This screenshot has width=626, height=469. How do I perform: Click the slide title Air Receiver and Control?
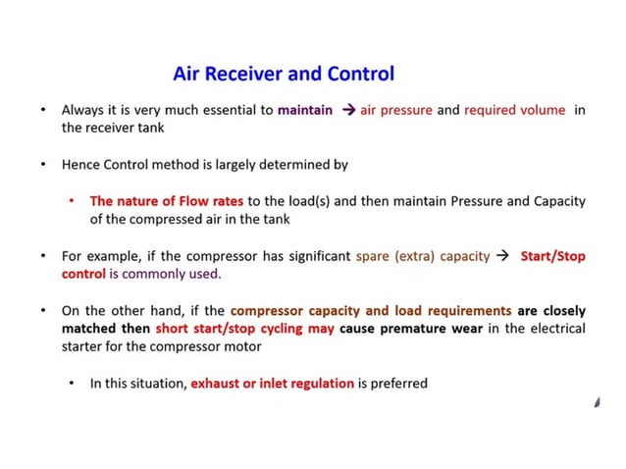point(284,74)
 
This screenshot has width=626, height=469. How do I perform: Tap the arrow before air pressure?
point(348,110)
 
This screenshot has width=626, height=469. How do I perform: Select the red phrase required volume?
point(514,110)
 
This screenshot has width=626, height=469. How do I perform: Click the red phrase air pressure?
point(396,110)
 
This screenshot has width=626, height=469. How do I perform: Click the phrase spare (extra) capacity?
point(422,256)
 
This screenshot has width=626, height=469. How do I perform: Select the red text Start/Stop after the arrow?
point(552,256)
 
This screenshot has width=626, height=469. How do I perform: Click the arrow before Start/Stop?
point(502,256)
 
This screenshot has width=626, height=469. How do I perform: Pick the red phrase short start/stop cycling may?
point(245,329)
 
